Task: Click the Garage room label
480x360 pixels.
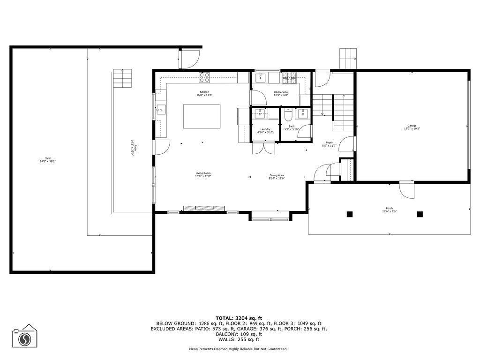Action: [x=412, y=127]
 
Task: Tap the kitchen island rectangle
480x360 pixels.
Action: [x=202, y=116]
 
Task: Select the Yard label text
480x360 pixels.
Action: [x=48, y=159]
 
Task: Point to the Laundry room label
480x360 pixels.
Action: [x=265, y=130]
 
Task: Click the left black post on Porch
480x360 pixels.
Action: [x=349, y=214]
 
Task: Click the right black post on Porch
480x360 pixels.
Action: [x=420, y=214]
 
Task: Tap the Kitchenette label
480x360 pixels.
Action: [x=281, y=93]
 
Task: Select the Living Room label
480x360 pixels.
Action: [x=203, y=175]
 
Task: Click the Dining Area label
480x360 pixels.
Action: [x=277, y=176]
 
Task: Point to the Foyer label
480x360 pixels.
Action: [x=330, y=144]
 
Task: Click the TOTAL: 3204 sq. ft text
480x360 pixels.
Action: [x=239, y=318]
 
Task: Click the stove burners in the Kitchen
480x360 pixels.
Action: [x=204, y=77]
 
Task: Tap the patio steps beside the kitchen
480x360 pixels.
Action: [x=122, y=78]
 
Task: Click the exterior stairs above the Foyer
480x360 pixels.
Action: [x=348, y=59]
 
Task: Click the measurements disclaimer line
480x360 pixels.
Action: [x=238, y=349]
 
